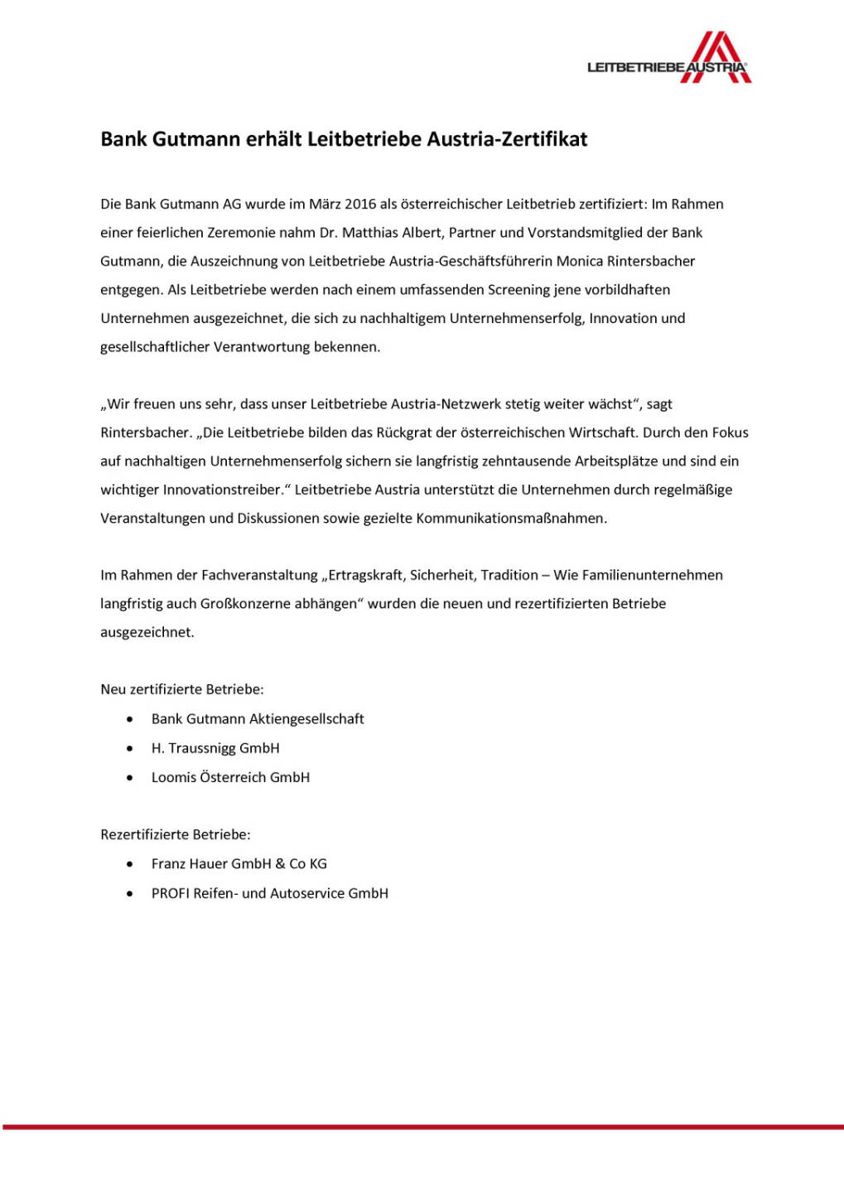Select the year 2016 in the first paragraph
[x=360, y=205]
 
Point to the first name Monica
[x=580, y=262]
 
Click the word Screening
[x=518, y=290]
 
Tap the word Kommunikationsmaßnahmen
[x=511, y=519]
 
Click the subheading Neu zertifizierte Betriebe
[x=182, y=689]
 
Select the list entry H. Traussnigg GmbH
[x=215, y=748]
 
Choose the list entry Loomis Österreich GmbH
[x=230, y=777]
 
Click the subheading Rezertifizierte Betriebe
[x=176, y=834]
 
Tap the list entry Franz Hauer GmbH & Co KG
[x=239, y=863]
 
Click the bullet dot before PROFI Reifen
[x=130, y=893]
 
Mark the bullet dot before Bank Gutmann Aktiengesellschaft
[x=130, y=719]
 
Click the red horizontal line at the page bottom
[x=422, y=1127]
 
